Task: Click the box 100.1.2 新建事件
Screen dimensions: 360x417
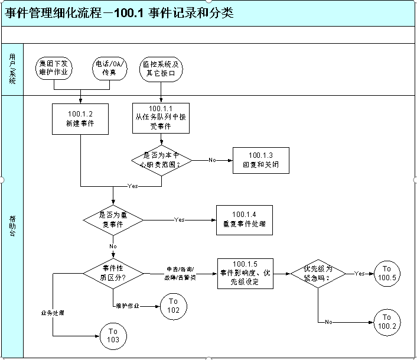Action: coord(80,120)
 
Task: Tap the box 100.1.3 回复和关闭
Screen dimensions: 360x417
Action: coord(260,160)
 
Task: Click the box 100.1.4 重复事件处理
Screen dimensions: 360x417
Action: coord(244,219)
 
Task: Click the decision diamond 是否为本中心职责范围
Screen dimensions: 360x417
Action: coord(161,160)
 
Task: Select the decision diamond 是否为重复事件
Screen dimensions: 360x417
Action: coord(113,219)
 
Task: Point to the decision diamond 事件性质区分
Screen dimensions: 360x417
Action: coord(113,272)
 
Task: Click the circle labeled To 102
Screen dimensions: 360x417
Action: coord(173,306)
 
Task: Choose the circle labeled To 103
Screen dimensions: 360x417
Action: coord(113,335)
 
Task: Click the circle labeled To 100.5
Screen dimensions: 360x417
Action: coord(387,273)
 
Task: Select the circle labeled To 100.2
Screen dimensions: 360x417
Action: coord(387,322)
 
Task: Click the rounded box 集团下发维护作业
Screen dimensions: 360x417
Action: coord(54,68)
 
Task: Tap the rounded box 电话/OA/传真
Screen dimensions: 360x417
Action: coord(110,68)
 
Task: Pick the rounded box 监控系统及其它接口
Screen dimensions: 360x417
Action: coord(161,68)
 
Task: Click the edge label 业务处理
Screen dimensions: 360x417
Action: coord(53,312)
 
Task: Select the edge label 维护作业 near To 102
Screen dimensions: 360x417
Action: coord(128,306)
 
